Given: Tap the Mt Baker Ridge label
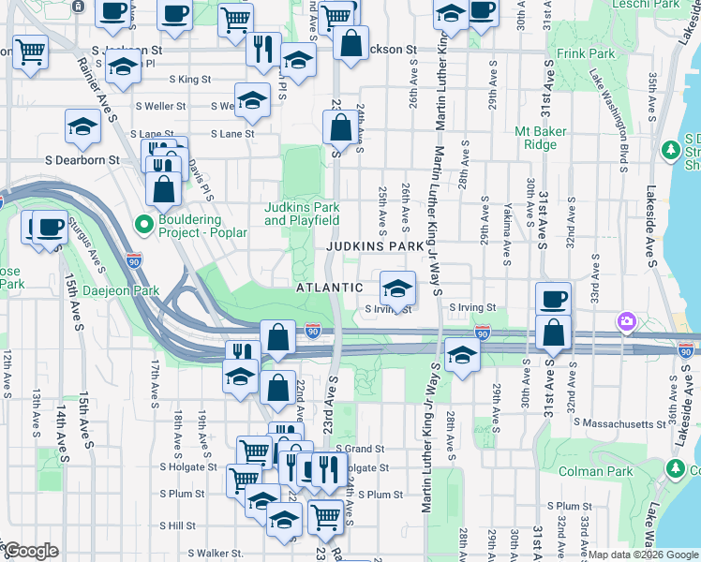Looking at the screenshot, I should (x=541, y=138).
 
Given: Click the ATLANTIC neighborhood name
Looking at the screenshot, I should (x=330, y=288).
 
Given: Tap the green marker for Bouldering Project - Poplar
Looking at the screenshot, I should (x=143, y=225).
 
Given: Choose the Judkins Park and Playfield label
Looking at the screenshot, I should (x=302, y=214).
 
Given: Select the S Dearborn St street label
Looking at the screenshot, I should (x=83, y=160).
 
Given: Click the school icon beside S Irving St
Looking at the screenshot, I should (x=397, y=289).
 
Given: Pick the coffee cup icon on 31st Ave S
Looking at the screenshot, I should (x=553, y=299).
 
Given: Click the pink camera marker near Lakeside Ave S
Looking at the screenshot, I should (x=626, y=322).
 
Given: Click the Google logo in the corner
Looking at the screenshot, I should (x=31, y=551).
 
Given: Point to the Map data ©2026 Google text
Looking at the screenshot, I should (x=642, y=555).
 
